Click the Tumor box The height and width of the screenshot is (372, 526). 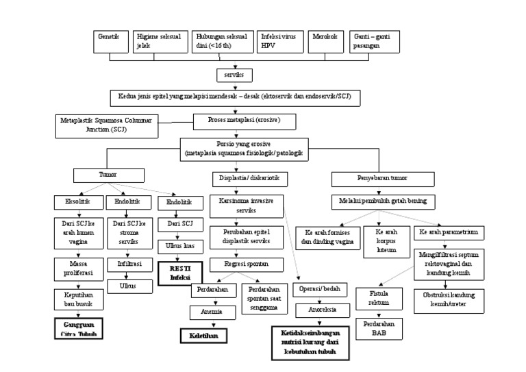click(108, 175)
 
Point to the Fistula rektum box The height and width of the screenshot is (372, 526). click(373, 297)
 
